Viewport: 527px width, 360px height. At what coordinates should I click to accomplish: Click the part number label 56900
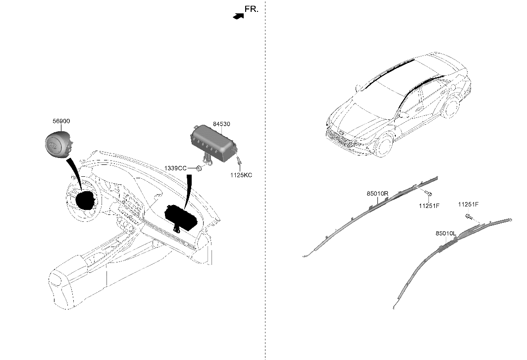62,121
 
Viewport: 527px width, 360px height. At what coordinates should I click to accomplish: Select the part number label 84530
221,124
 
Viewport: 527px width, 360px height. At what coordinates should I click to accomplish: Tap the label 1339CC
175,169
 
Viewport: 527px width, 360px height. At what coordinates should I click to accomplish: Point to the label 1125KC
241,175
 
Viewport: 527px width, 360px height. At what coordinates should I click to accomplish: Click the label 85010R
377,194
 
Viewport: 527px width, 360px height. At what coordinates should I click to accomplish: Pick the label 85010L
446,233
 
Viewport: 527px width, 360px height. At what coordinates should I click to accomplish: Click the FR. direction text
251,9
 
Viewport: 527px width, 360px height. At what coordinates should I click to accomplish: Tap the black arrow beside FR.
239,16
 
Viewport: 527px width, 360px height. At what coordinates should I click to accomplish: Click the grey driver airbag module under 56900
56,144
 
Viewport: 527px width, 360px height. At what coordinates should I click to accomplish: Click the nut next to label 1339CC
199,169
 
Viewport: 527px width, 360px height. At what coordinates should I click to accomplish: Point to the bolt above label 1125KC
239,161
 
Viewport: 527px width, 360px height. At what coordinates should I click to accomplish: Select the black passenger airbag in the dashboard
181,216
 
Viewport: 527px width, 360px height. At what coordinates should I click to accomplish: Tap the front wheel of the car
383,145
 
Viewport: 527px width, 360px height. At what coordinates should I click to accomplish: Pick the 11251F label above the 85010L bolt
468,204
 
